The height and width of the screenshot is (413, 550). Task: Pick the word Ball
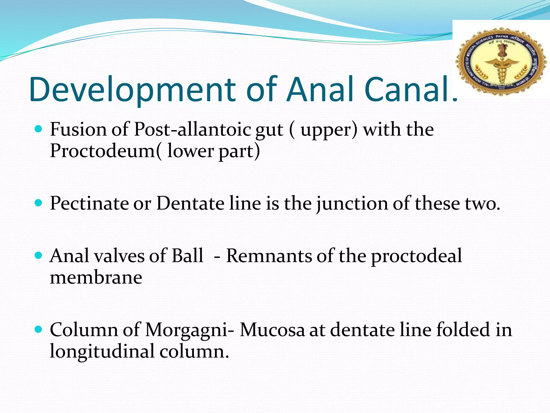pyautogui.click(x=187, y=256)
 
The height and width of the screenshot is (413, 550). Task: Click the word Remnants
pyautogui.click(x=269, y=256)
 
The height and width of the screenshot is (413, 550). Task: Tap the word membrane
pyautogui.click(x=96, y=278)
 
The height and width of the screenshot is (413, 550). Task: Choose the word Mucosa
pyautogui.click(x=272, y=330)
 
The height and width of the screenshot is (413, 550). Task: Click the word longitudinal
pyautogui.click(x=102, y=352)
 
